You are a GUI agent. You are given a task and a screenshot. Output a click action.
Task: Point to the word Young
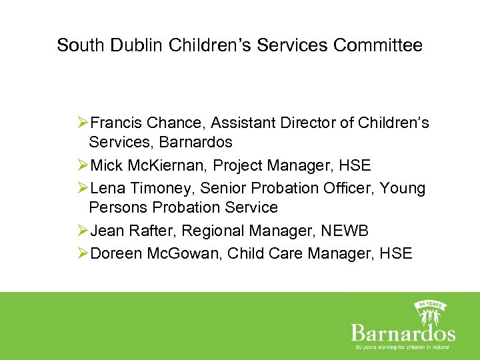pyautogui.click(x=402, y=188)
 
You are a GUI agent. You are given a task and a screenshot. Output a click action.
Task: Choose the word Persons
pyautogui.click(x=119, y=207)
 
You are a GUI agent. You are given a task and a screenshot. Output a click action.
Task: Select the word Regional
pyautogui.click(x=213, y=231)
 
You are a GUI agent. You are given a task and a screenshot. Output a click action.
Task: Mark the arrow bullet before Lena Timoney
pyautogui.click(x=83, y=188)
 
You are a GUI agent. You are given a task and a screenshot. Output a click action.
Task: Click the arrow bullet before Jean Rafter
pyautogui.click(x=83, y=231)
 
